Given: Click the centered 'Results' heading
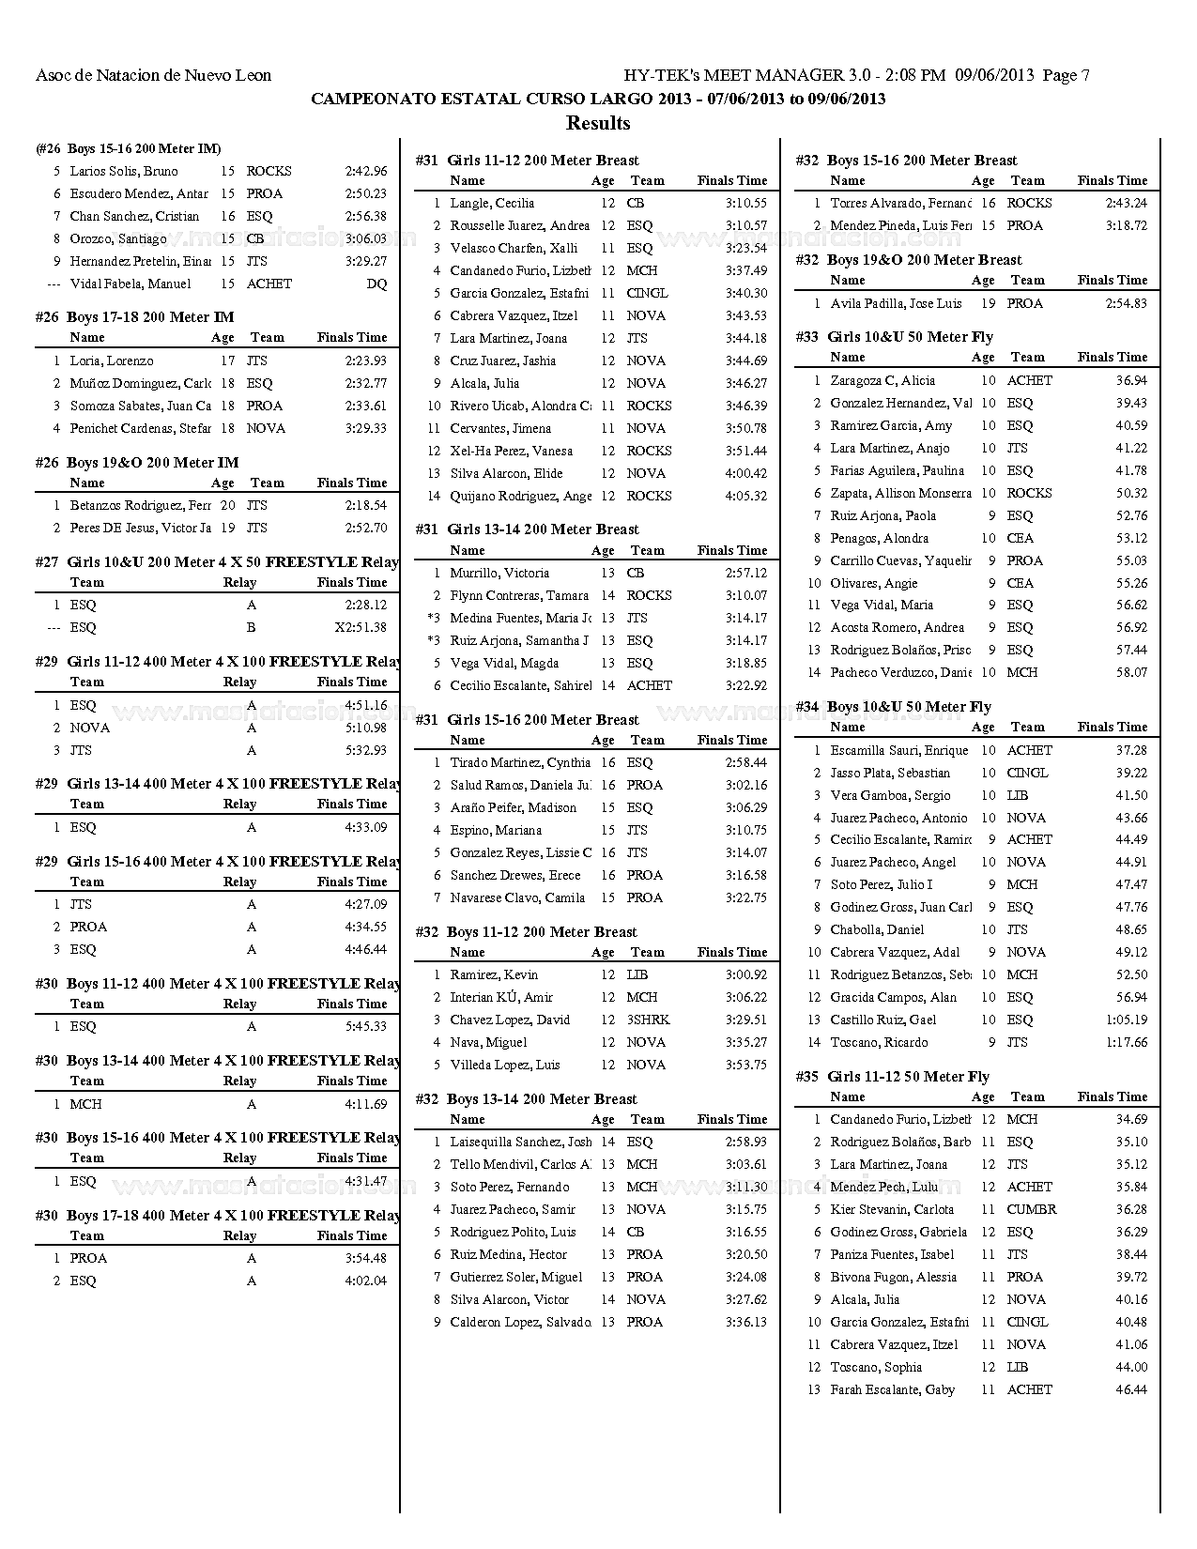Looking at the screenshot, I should pos(598,123).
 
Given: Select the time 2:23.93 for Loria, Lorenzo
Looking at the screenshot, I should pos(366,360).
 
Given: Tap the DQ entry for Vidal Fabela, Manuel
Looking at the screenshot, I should pos(376,284).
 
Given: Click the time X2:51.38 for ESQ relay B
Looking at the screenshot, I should pos(361,627).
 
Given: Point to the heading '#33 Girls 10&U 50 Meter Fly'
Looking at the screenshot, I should pos(894,337).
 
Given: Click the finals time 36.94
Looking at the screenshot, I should pos(1131,380).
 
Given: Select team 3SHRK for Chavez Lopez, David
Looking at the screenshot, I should pos(648,1020).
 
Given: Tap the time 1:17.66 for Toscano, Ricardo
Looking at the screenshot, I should pos(1127,1042).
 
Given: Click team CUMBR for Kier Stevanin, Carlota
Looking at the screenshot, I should pos(1031,1209).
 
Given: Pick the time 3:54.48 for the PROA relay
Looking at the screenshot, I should pos(366,1258).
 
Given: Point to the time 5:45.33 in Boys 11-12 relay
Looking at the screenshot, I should pos(366,1026).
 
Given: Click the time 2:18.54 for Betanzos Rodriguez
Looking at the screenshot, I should pos(366,505).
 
